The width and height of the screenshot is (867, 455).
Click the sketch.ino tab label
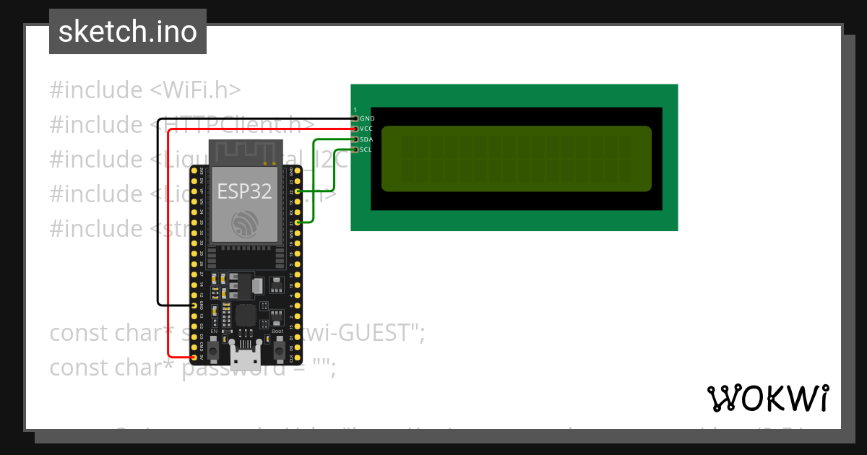click(127, 32)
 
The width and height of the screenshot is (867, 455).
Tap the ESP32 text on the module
click(244, 191)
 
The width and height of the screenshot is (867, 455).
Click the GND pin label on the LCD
click(367, 118)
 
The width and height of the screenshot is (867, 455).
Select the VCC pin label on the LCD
click(366, 129)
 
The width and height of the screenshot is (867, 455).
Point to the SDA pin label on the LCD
click(366, 139)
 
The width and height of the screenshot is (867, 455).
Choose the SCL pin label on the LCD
click(366, 149)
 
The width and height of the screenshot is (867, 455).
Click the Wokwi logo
click(767, 398)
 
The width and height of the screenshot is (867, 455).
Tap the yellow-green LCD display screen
click(516, 159)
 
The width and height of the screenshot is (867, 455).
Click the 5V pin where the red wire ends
click(194, 357)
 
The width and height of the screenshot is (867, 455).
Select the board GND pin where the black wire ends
click(194, 305)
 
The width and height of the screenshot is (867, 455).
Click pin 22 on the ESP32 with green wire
click(298, 192)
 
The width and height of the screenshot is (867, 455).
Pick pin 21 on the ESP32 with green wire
click(298, 224)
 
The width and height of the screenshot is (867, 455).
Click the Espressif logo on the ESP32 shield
click(244, 224)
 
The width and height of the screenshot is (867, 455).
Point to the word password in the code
click(233, 368)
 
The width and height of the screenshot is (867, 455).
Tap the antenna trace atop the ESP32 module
click(244, 152)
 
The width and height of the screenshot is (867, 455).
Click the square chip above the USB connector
click(246, 315)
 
